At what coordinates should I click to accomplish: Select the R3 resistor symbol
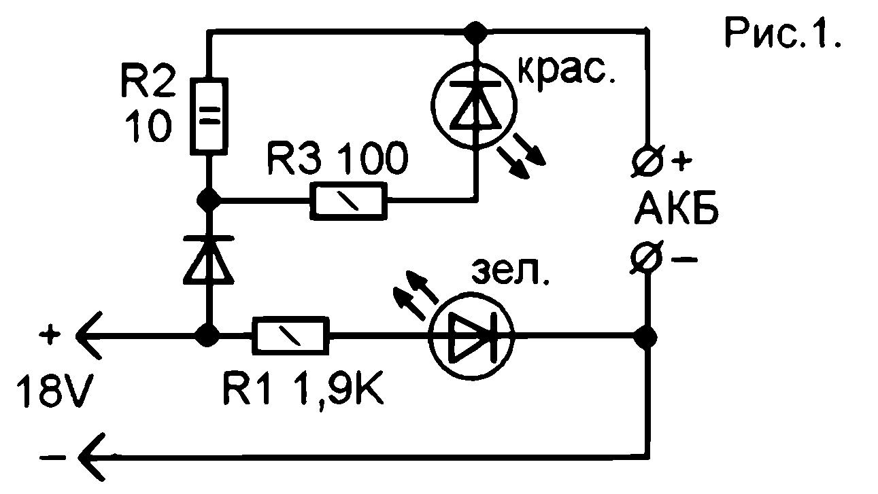[x=350, y=202]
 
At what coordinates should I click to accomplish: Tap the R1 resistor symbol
[x=291, y=335]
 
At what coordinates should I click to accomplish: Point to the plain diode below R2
[x=209, y=259]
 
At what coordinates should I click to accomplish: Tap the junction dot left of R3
[x=209, y=200]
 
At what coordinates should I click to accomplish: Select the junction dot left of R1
[x=208, y=335]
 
